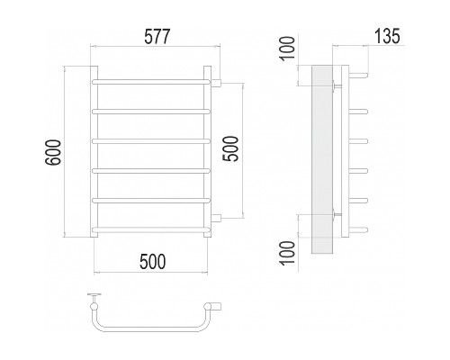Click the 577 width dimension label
click(x=157, y=37)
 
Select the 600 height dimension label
click(x=53, y=152)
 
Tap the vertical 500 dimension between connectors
click(x=231, y=148)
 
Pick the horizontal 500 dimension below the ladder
click(x=152, y=261)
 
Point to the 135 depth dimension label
click(x=387, y=37)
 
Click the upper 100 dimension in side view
click(x=287, y=49)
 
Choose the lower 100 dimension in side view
click(x=287, y=253)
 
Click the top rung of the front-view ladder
click(x=151, y=82)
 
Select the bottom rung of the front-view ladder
click(x=151, y=229)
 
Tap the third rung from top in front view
click(x=151, y=141)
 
